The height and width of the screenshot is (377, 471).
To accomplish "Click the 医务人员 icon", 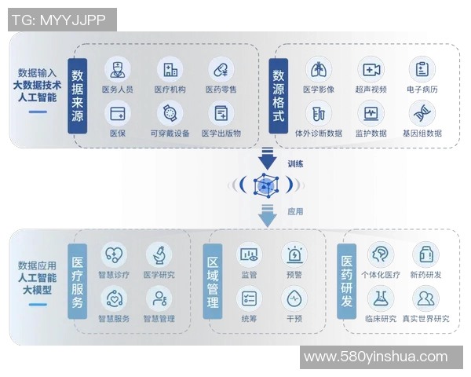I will pyautogui.click(x=118, y=69).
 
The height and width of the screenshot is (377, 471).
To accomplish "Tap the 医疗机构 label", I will pyautogui.click(x=170, y=90).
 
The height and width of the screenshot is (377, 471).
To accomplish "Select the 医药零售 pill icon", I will pyautogui.click(x=221, y=69).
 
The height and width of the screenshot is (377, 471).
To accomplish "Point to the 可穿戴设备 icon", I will pyautogui.click(x=170, y=113).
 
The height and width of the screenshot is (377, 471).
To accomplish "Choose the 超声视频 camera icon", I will pyautogui.click(x=371, y=69).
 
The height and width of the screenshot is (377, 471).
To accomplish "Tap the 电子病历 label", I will pyautogui.click(x=422, y=90).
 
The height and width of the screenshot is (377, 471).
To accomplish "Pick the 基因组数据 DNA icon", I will pyautogui.click(x=422, y=113).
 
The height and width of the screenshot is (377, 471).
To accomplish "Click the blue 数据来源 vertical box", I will pyautogui.click(x=77, y=95).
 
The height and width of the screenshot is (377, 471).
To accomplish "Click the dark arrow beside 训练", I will pyautogui.click(x=268, y=162).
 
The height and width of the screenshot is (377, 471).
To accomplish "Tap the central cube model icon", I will pyautogui.click(x=267, y=186).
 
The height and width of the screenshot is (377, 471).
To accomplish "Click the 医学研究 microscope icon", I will pyautogui.click(x=159, y=254).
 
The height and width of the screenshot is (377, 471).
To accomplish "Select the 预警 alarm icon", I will pyautogui.click(x=294, y=254).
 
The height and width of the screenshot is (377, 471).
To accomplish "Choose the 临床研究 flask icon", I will pyautogui.click(x=381, y=298).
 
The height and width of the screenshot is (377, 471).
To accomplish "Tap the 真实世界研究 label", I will pyautogui.click(x=426, y=319).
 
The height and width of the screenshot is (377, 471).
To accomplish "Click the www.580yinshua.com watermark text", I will pyautogui.click(x=375, y=357).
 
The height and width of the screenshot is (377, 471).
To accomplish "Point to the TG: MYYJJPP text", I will pyautogui.click(x=61, y=20).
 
